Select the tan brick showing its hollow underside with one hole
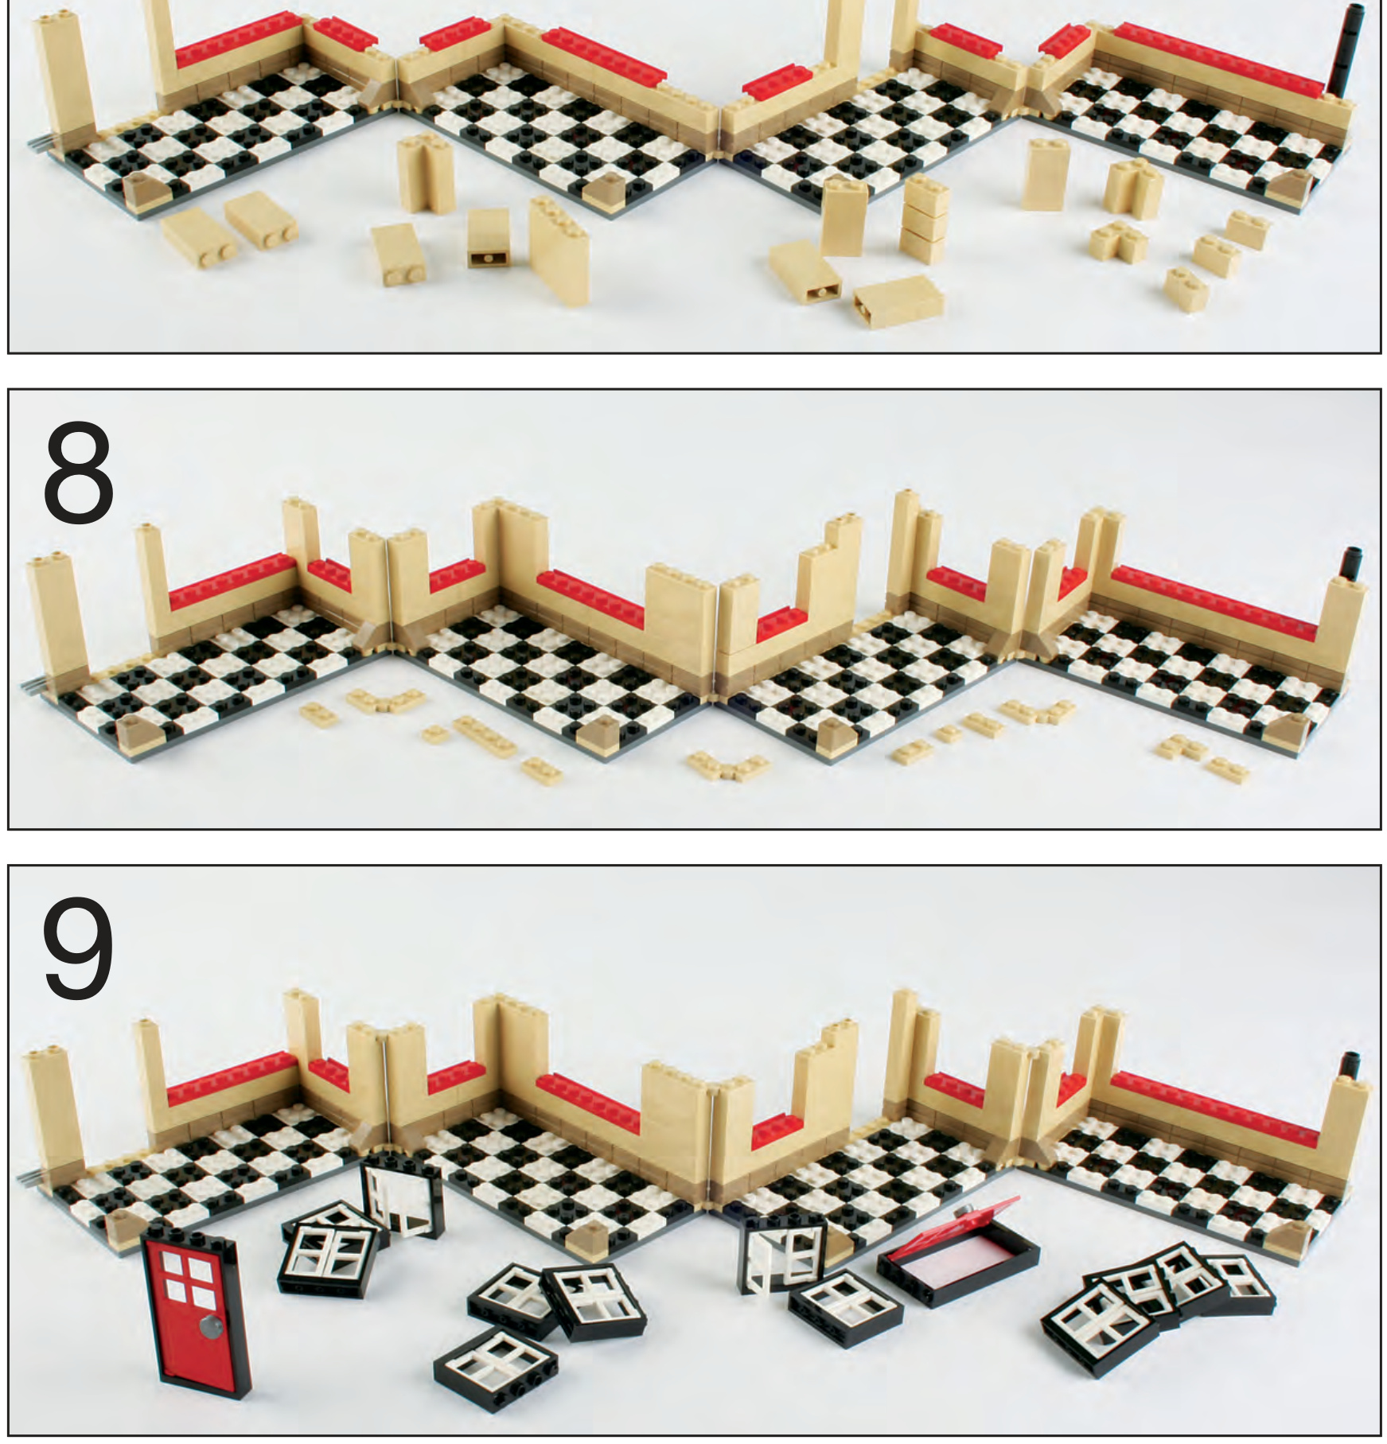(489, 238)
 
